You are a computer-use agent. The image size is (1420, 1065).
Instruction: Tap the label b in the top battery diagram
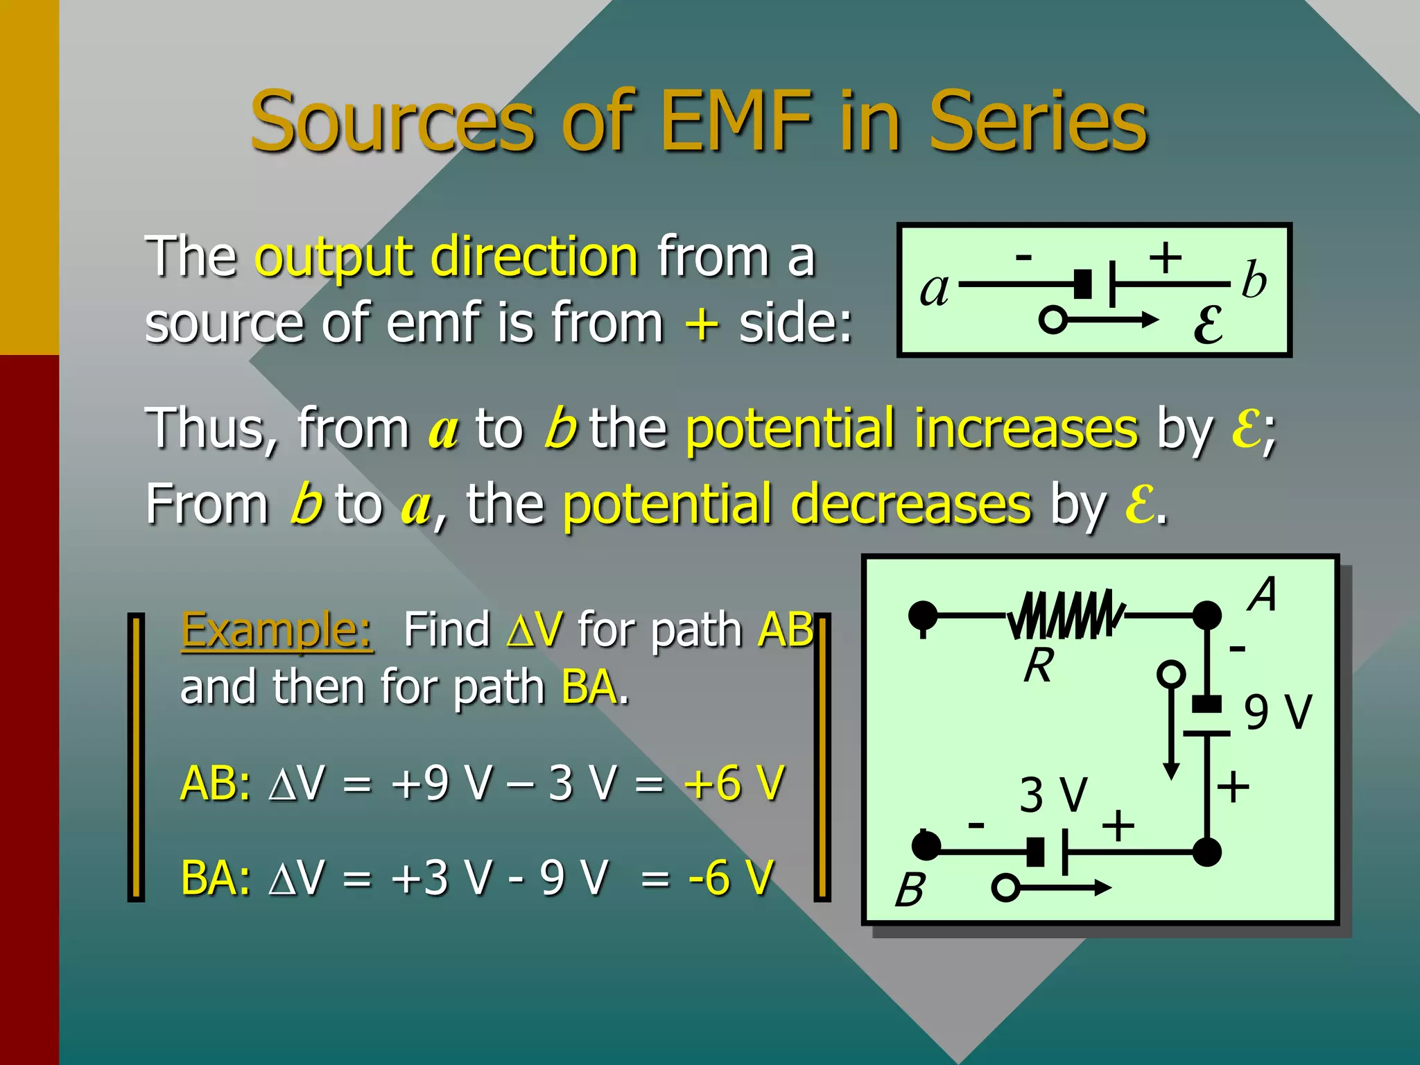[x=1254, y=281]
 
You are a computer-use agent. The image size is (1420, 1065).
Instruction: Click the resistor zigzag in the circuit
[x=1066, y=614]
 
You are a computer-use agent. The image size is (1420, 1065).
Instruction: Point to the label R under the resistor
[x=1038, y=666]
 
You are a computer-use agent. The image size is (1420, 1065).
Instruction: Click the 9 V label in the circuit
[x=1277, y=712]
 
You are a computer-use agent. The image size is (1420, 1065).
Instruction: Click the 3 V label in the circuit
[x=1053, y=795]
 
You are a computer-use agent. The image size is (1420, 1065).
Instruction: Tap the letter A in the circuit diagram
[x=1263, y=594]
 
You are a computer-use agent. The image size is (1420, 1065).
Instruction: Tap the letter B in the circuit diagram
[x=910, y=890]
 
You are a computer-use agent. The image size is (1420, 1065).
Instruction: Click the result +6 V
[x=734, y=783]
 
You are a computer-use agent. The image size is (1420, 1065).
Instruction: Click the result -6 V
[x=730, y=877]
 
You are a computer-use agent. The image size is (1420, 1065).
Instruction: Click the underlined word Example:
[x=277, y=631]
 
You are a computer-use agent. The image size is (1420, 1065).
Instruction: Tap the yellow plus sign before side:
[x=701, y=324]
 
